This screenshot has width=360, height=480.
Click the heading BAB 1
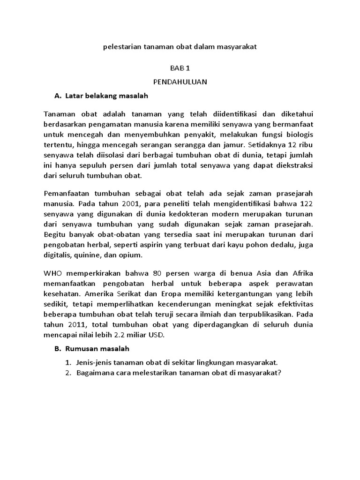click(x=180, y=68)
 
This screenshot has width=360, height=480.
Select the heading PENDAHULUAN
click(x=180, y=82)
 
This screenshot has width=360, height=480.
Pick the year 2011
click(x=75, y=325)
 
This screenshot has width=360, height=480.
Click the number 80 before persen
click(x=176, y=273)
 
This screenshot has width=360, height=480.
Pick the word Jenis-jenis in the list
click(x=94, y=362)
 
